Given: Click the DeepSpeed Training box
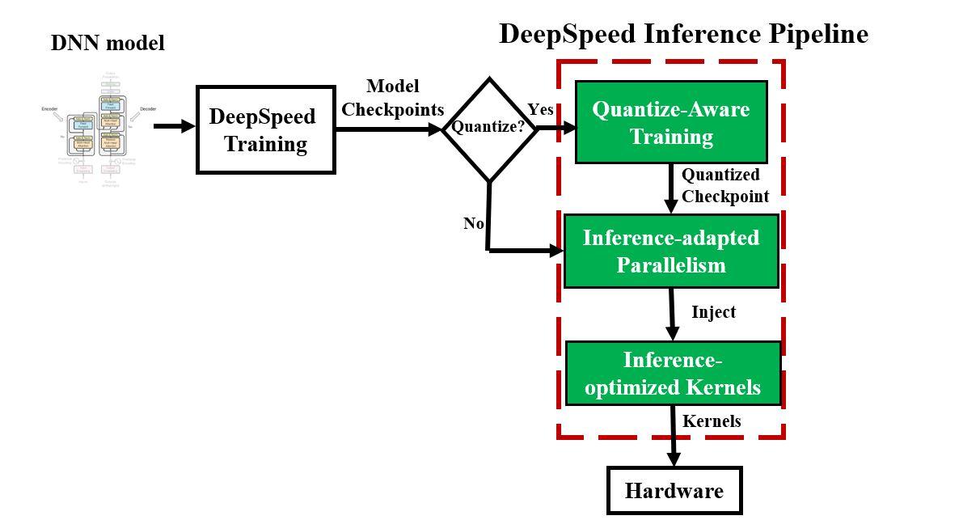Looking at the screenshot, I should click(265, 129).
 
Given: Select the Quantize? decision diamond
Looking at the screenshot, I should click(489, 128).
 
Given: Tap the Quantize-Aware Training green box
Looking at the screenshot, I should click(671, 122).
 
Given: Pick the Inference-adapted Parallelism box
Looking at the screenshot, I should click(671, 251).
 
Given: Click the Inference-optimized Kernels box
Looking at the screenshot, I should click(673, 373).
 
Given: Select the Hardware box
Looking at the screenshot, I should click(674, 490).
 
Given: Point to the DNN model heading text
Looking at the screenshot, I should click(108, 43).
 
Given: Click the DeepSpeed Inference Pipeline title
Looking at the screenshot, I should click(683, 34).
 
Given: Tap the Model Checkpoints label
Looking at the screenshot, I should click(393, 98).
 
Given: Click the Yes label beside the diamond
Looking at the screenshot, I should click(540, 109).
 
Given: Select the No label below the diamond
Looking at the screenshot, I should click(474, 223).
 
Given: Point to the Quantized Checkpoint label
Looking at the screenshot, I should click(724, 185).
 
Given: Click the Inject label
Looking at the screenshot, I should click(713, 312).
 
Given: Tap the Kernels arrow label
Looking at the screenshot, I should click(712, 421).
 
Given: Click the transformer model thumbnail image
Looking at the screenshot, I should click(99, 127).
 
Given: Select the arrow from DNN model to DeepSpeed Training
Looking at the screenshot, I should click(174, 126).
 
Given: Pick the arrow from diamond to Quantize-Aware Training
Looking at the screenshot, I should click(556, 128).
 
